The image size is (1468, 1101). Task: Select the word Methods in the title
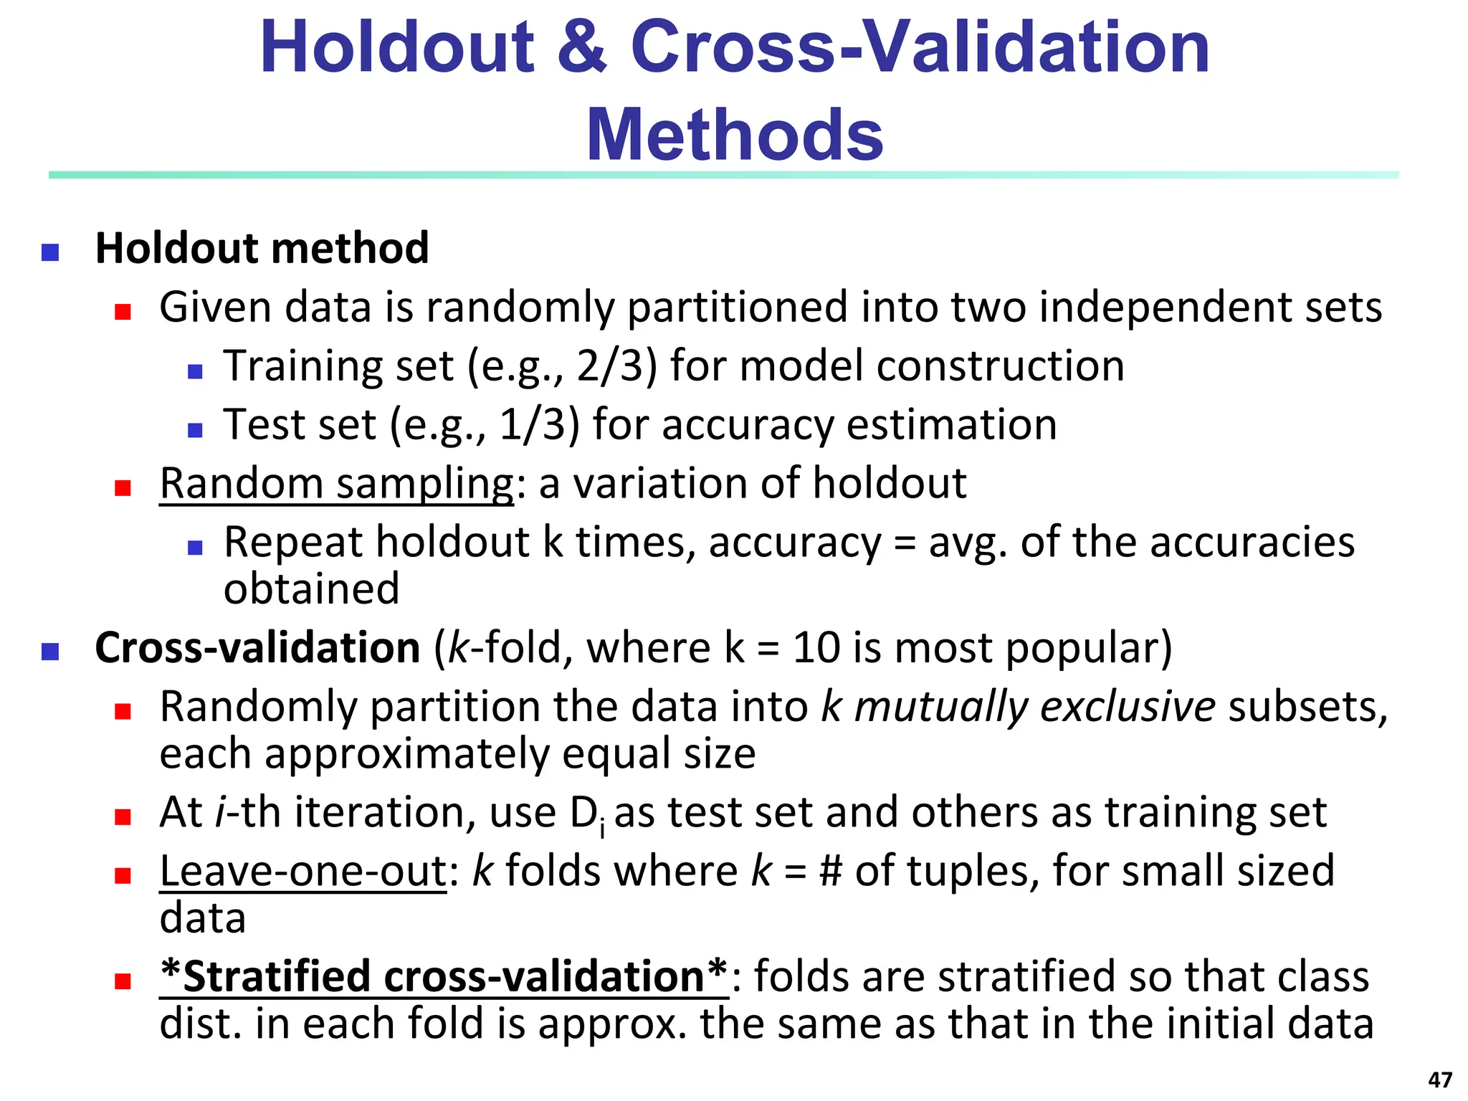click(x=735, y=135)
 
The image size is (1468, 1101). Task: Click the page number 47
click(x=1440, y=1079)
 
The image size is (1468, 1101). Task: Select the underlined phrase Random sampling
click(x=337, y=484)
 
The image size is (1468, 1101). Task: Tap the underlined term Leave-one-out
click(x=303, y=872)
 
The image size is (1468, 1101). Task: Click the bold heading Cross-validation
click(x=257, y=648)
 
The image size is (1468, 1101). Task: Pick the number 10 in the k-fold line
click(x=816, y=648)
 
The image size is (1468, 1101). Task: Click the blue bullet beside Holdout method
click(x=50, y=252)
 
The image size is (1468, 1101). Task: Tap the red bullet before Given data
click(x=123, y=311)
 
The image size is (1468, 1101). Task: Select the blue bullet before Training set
click(x=195, y=371)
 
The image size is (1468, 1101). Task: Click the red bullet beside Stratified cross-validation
click(x=123, y=981)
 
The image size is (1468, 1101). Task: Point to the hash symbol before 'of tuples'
click(x=830, y=872)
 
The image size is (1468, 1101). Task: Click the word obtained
click(x=311, y=589)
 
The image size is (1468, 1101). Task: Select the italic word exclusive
click(x=1128, y=707)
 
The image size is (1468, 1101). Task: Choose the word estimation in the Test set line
click(x=952, y=425)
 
